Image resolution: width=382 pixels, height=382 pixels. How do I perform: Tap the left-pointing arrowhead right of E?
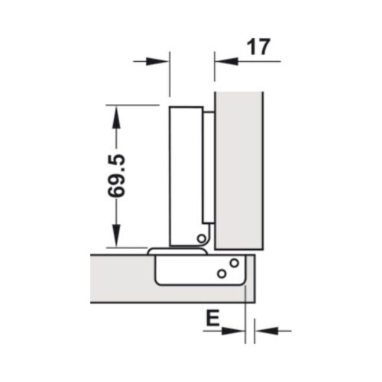click(x=257, y=331)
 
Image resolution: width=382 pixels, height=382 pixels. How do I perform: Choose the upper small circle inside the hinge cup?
click(x=235, y=264)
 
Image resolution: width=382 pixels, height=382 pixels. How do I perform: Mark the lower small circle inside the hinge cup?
click(x=221, y=273)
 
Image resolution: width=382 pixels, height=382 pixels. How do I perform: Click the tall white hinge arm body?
click(x=184, y=176)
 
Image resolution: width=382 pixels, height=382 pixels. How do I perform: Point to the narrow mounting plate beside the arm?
click(x=207, y=168)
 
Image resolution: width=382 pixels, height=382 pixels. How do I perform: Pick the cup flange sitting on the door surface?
click(x=176, y=250)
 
